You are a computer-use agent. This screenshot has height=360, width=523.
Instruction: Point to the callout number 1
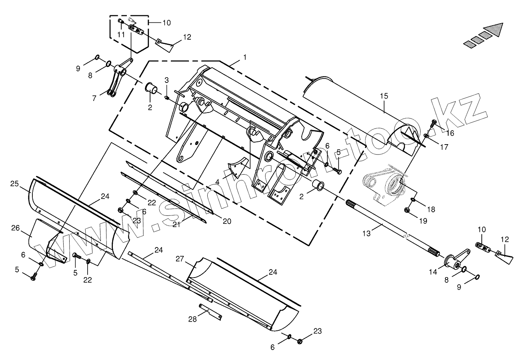coord(244,58)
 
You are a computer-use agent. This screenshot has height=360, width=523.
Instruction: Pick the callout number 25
coord(14,184)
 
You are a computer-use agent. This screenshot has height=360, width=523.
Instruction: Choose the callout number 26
coord(15,228)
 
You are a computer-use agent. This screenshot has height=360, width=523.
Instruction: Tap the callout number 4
coord(217,182)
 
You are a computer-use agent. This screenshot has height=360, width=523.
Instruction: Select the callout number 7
coord(94,98)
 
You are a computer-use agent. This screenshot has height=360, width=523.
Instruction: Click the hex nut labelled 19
coord(407,210)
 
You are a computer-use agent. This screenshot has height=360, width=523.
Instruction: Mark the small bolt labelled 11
coord(120,22)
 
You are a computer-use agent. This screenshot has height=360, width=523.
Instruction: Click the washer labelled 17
coord(427,137)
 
